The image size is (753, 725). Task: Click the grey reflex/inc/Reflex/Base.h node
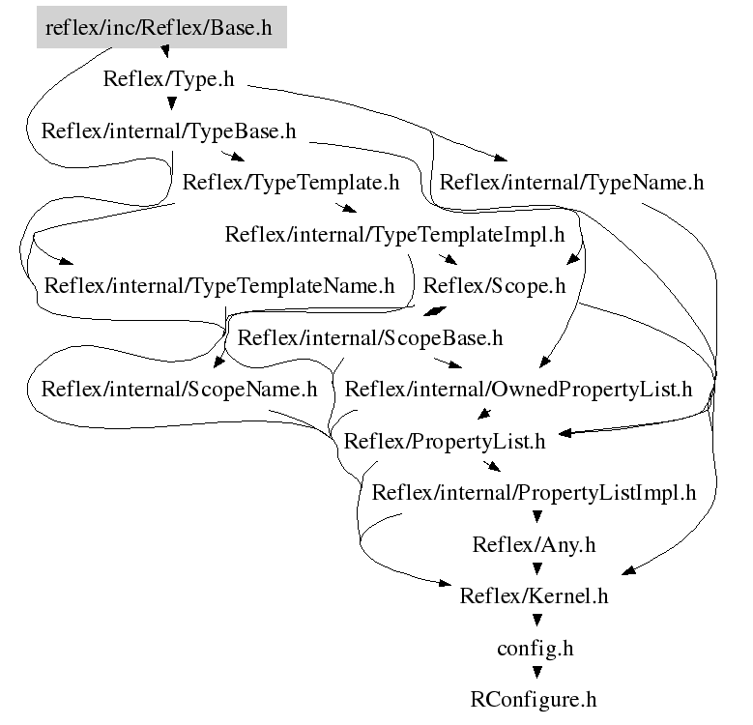coord(159,28)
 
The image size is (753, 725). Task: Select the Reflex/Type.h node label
coord(168,79)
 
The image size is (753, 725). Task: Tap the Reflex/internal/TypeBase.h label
coord(168,130)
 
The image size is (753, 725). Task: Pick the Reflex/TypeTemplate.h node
coord(291,182)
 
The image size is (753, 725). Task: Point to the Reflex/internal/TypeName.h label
coord(571,182)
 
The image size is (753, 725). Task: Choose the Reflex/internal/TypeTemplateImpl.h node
coord(394,234)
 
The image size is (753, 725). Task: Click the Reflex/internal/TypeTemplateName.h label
coord(219,286)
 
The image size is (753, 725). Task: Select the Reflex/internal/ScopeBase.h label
coord(370,338)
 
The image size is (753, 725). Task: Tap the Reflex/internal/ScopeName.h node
coord(179,390)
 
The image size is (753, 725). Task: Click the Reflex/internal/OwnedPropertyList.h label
coord(519,390)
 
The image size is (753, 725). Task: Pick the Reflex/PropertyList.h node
coord(445,442)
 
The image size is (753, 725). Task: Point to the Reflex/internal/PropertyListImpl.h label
coord(534,493)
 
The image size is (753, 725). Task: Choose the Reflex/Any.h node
coord(534,544)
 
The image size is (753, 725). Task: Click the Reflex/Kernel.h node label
coord(534,595)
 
